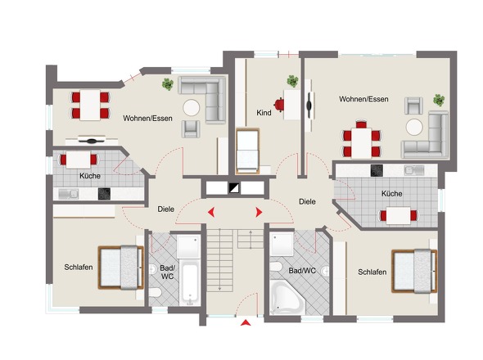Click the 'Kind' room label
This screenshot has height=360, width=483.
pos(264,113)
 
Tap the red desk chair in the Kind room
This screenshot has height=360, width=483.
pos(279,105)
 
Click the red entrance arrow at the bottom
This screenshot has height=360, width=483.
pos(246,322)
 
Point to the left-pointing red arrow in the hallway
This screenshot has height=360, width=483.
pos(211,212)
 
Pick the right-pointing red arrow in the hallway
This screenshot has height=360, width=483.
pos(259,212)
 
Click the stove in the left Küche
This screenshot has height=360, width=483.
pos(105,194)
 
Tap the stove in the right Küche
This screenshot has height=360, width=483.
pos(377,171)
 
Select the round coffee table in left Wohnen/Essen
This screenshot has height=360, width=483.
pos(192,107)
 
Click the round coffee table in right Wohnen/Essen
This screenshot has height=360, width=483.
pos(414,127)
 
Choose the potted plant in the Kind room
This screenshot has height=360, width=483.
pos(292,81)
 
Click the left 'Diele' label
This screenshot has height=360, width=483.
pos(166,209)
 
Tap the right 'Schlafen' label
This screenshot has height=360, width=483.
pos(372,272)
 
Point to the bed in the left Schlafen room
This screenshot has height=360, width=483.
pos(121,268)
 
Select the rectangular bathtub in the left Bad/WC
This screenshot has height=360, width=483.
pos(190,284)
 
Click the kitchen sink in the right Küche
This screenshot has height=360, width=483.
pos(414,170)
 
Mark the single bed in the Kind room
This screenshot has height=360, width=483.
pos(247,151)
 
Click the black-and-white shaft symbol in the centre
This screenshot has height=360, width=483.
pos(234,188)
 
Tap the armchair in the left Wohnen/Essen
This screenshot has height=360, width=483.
pos(191,128)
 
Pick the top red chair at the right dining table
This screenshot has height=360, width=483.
pos(361,124)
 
